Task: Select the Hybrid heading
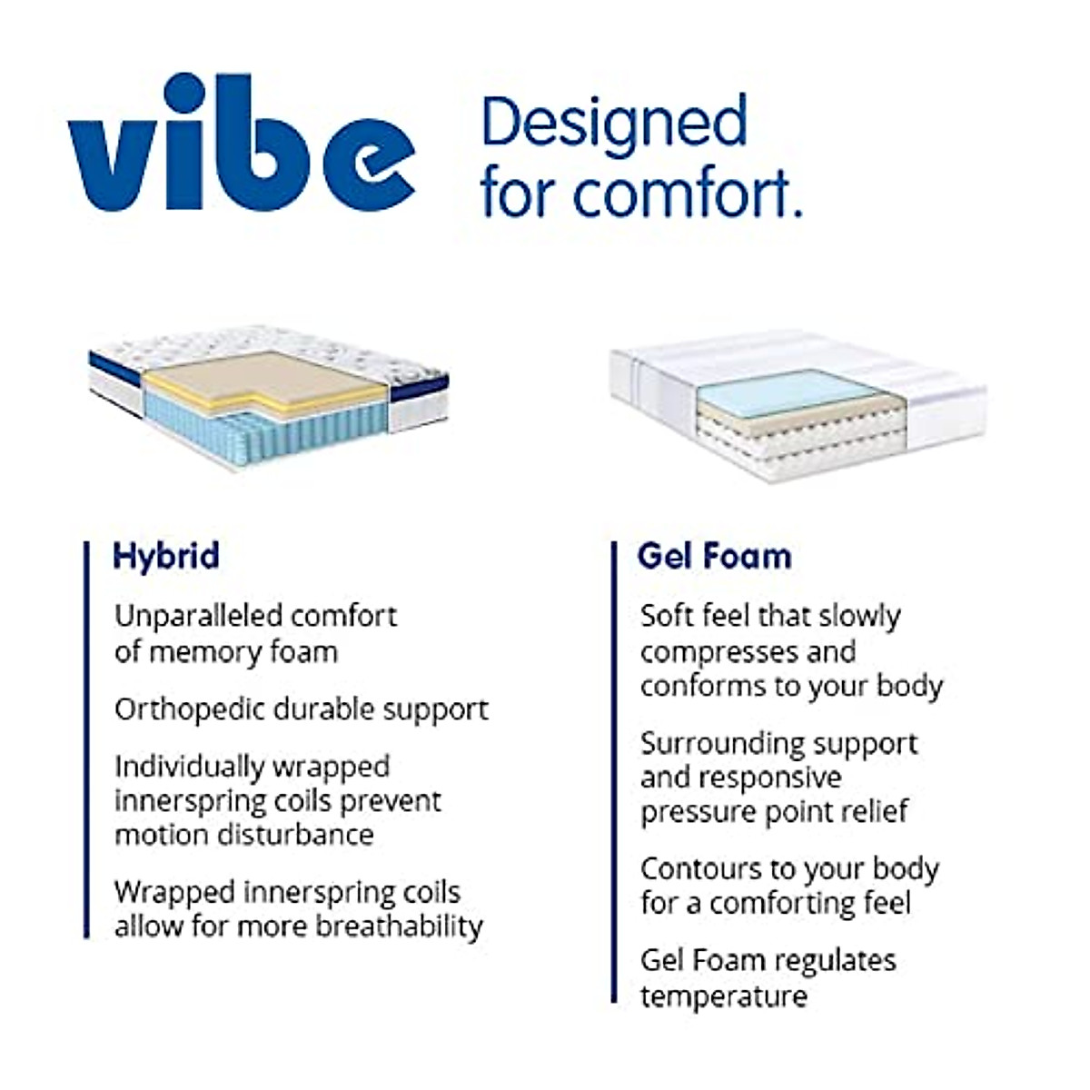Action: (166, 556)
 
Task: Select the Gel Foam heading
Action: (714, 556)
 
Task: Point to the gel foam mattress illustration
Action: (798, 404)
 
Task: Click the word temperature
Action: (723, 996)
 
